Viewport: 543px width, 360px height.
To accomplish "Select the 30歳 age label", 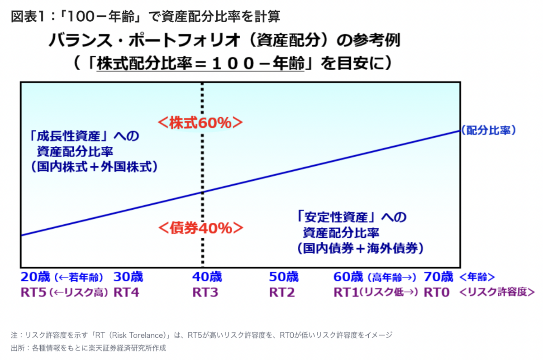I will pos(128,277).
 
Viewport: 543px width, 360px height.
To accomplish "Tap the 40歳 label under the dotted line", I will pos(207,277).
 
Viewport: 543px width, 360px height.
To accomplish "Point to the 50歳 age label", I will pos(284,277).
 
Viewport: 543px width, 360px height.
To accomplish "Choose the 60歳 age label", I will pos(348,277).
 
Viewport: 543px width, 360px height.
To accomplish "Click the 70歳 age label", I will pos(438,277).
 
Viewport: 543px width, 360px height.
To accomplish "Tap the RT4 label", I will pos(126,292).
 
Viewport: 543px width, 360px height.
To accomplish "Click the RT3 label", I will pos(206,292).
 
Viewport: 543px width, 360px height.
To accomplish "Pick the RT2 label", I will pos(282,292).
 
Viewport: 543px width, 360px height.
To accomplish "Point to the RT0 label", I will pos(437,292).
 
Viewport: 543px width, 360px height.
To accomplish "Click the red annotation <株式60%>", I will pos(200,123).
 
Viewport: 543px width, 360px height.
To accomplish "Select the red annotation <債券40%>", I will pos(200,228).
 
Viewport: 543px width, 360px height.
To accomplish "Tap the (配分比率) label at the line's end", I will pos(488,131).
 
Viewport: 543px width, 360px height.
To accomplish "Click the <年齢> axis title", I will pos(477,277).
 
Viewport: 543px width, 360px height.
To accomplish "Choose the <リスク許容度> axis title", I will pos(497,292).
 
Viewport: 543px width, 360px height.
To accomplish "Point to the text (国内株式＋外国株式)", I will pos(94,167).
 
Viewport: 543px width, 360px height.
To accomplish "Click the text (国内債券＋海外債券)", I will pos(360,248).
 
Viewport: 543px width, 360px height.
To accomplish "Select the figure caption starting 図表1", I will pos(145,16).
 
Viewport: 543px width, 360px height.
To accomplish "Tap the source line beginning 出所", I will pos(89,348).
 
